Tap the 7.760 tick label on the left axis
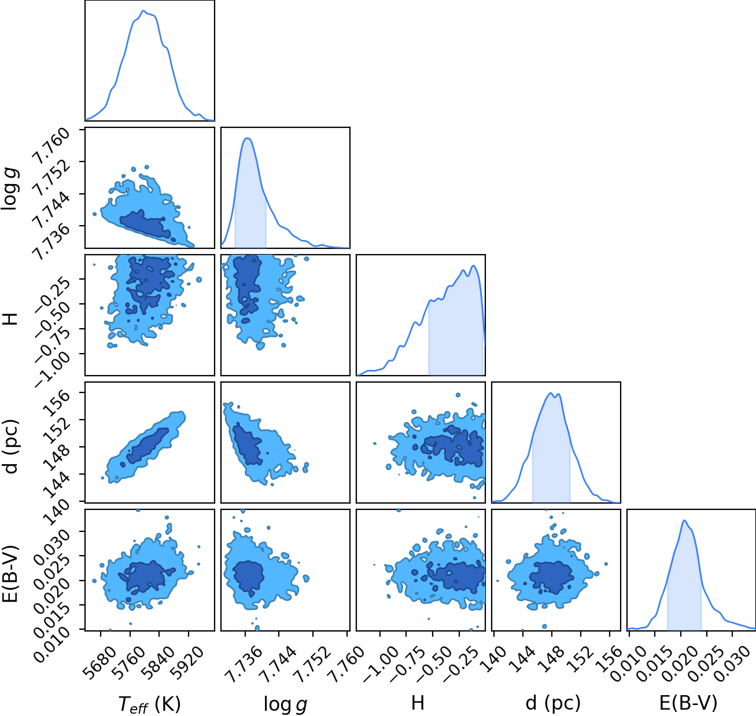[51, 146]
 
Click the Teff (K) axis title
[149, 704]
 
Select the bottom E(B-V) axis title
[688, 703]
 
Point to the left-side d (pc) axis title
[11, 446]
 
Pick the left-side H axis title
[11, 319]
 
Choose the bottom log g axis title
[285, 704]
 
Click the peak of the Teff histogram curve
[143, 11]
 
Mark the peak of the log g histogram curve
[248, 138]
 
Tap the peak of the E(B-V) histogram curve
[684, 520]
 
